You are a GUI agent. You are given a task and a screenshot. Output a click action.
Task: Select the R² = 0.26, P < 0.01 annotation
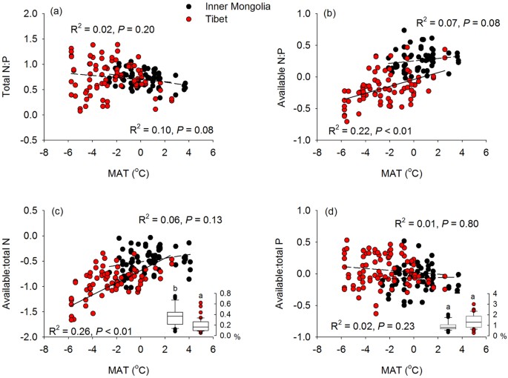(90, 329)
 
